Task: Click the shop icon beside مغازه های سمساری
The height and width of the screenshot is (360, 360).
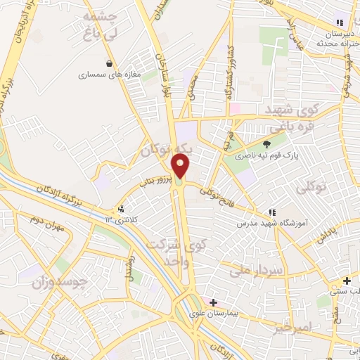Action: coord(108,62)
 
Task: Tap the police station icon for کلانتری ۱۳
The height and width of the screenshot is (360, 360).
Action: coord(122,209)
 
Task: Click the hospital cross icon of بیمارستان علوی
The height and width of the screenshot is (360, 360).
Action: coord(213,302)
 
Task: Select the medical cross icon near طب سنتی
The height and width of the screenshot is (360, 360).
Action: coord(346,280)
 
